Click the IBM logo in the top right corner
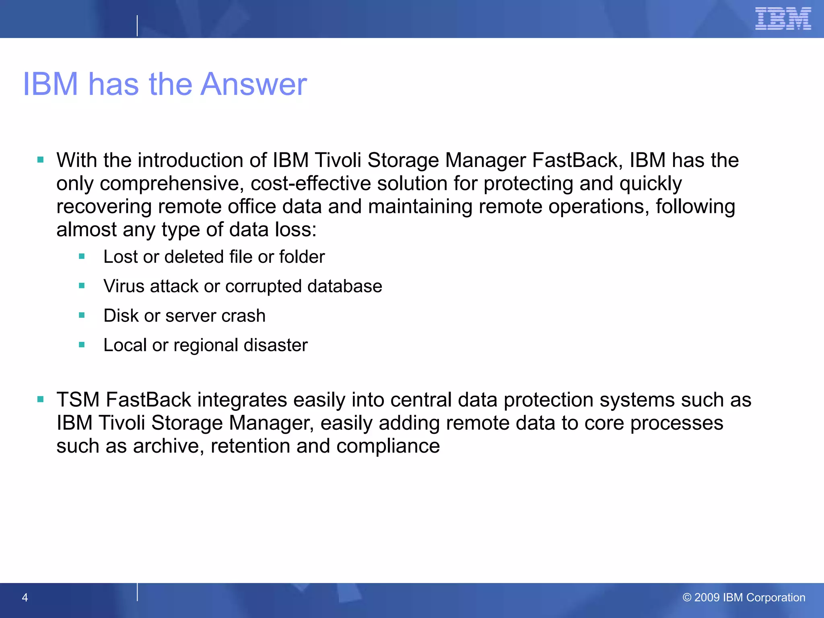point(783,19)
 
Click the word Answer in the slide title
point(253,84)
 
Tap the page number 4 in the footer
point(25,597)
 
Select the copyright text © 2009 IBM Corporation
point(744,597)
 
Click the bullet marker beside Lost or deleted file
point(82,256)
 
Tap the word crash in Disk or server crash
point(243,316)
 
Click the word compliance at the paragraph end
point(388,446)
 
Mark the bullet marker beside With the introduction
point(40,160)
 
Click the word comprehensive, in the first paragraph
point(172,183)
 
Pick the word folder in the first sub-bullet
point(302,257)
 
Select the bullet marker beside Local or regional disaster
point(82,345)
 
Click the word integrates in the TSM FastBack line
point(242,400)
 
